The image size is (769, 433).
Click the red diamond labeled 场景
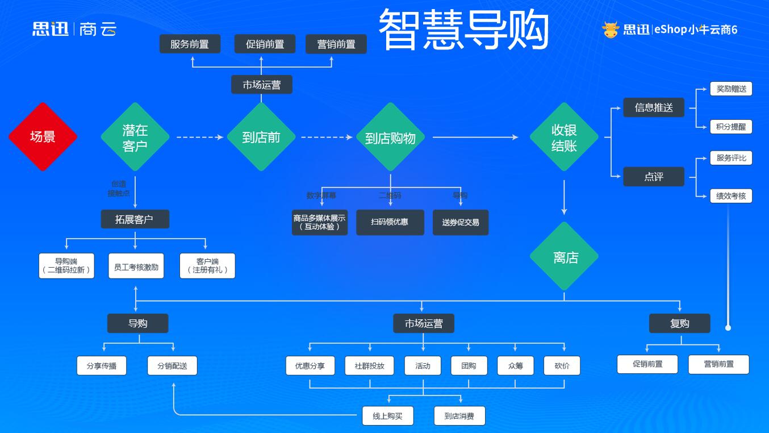(43, 137)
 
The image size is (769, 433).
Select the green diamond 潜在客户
(135, 137)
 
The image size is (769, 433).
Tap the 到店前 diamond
(261, 137)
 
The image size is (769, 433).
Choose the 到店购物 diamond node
(390, 138)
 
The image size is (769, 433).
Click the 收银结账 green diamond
(564, 137)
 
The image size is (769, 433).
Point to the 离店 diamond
(564, 257)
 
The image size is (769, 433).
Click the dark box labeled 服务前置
(190, 44)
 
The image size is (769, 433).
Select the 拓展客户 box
(135, 219)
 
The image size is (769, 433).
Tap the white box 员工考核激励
(136, 266)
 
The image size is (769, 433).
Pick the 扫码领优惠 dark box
(390, 222)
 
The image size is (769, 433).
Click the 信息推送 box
(654, 107)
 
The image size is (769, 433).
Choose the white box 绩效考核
(731, 196)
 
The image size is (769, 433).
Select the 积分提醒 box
(731, 127)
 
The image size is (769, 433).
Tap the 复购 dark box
(679, 323)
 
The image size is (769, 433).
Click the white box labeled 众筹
(515, 365)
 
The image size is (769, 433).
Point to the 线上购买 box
(388, 416)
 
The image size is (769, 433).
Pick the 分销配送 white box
(172, 365)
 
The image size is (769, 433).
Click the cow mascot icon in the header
(611, 29)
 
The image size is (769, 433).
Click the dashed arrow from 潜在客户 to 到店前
(199, 137)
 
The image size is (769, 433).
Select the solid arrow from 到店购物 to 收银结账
(475, 137)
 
